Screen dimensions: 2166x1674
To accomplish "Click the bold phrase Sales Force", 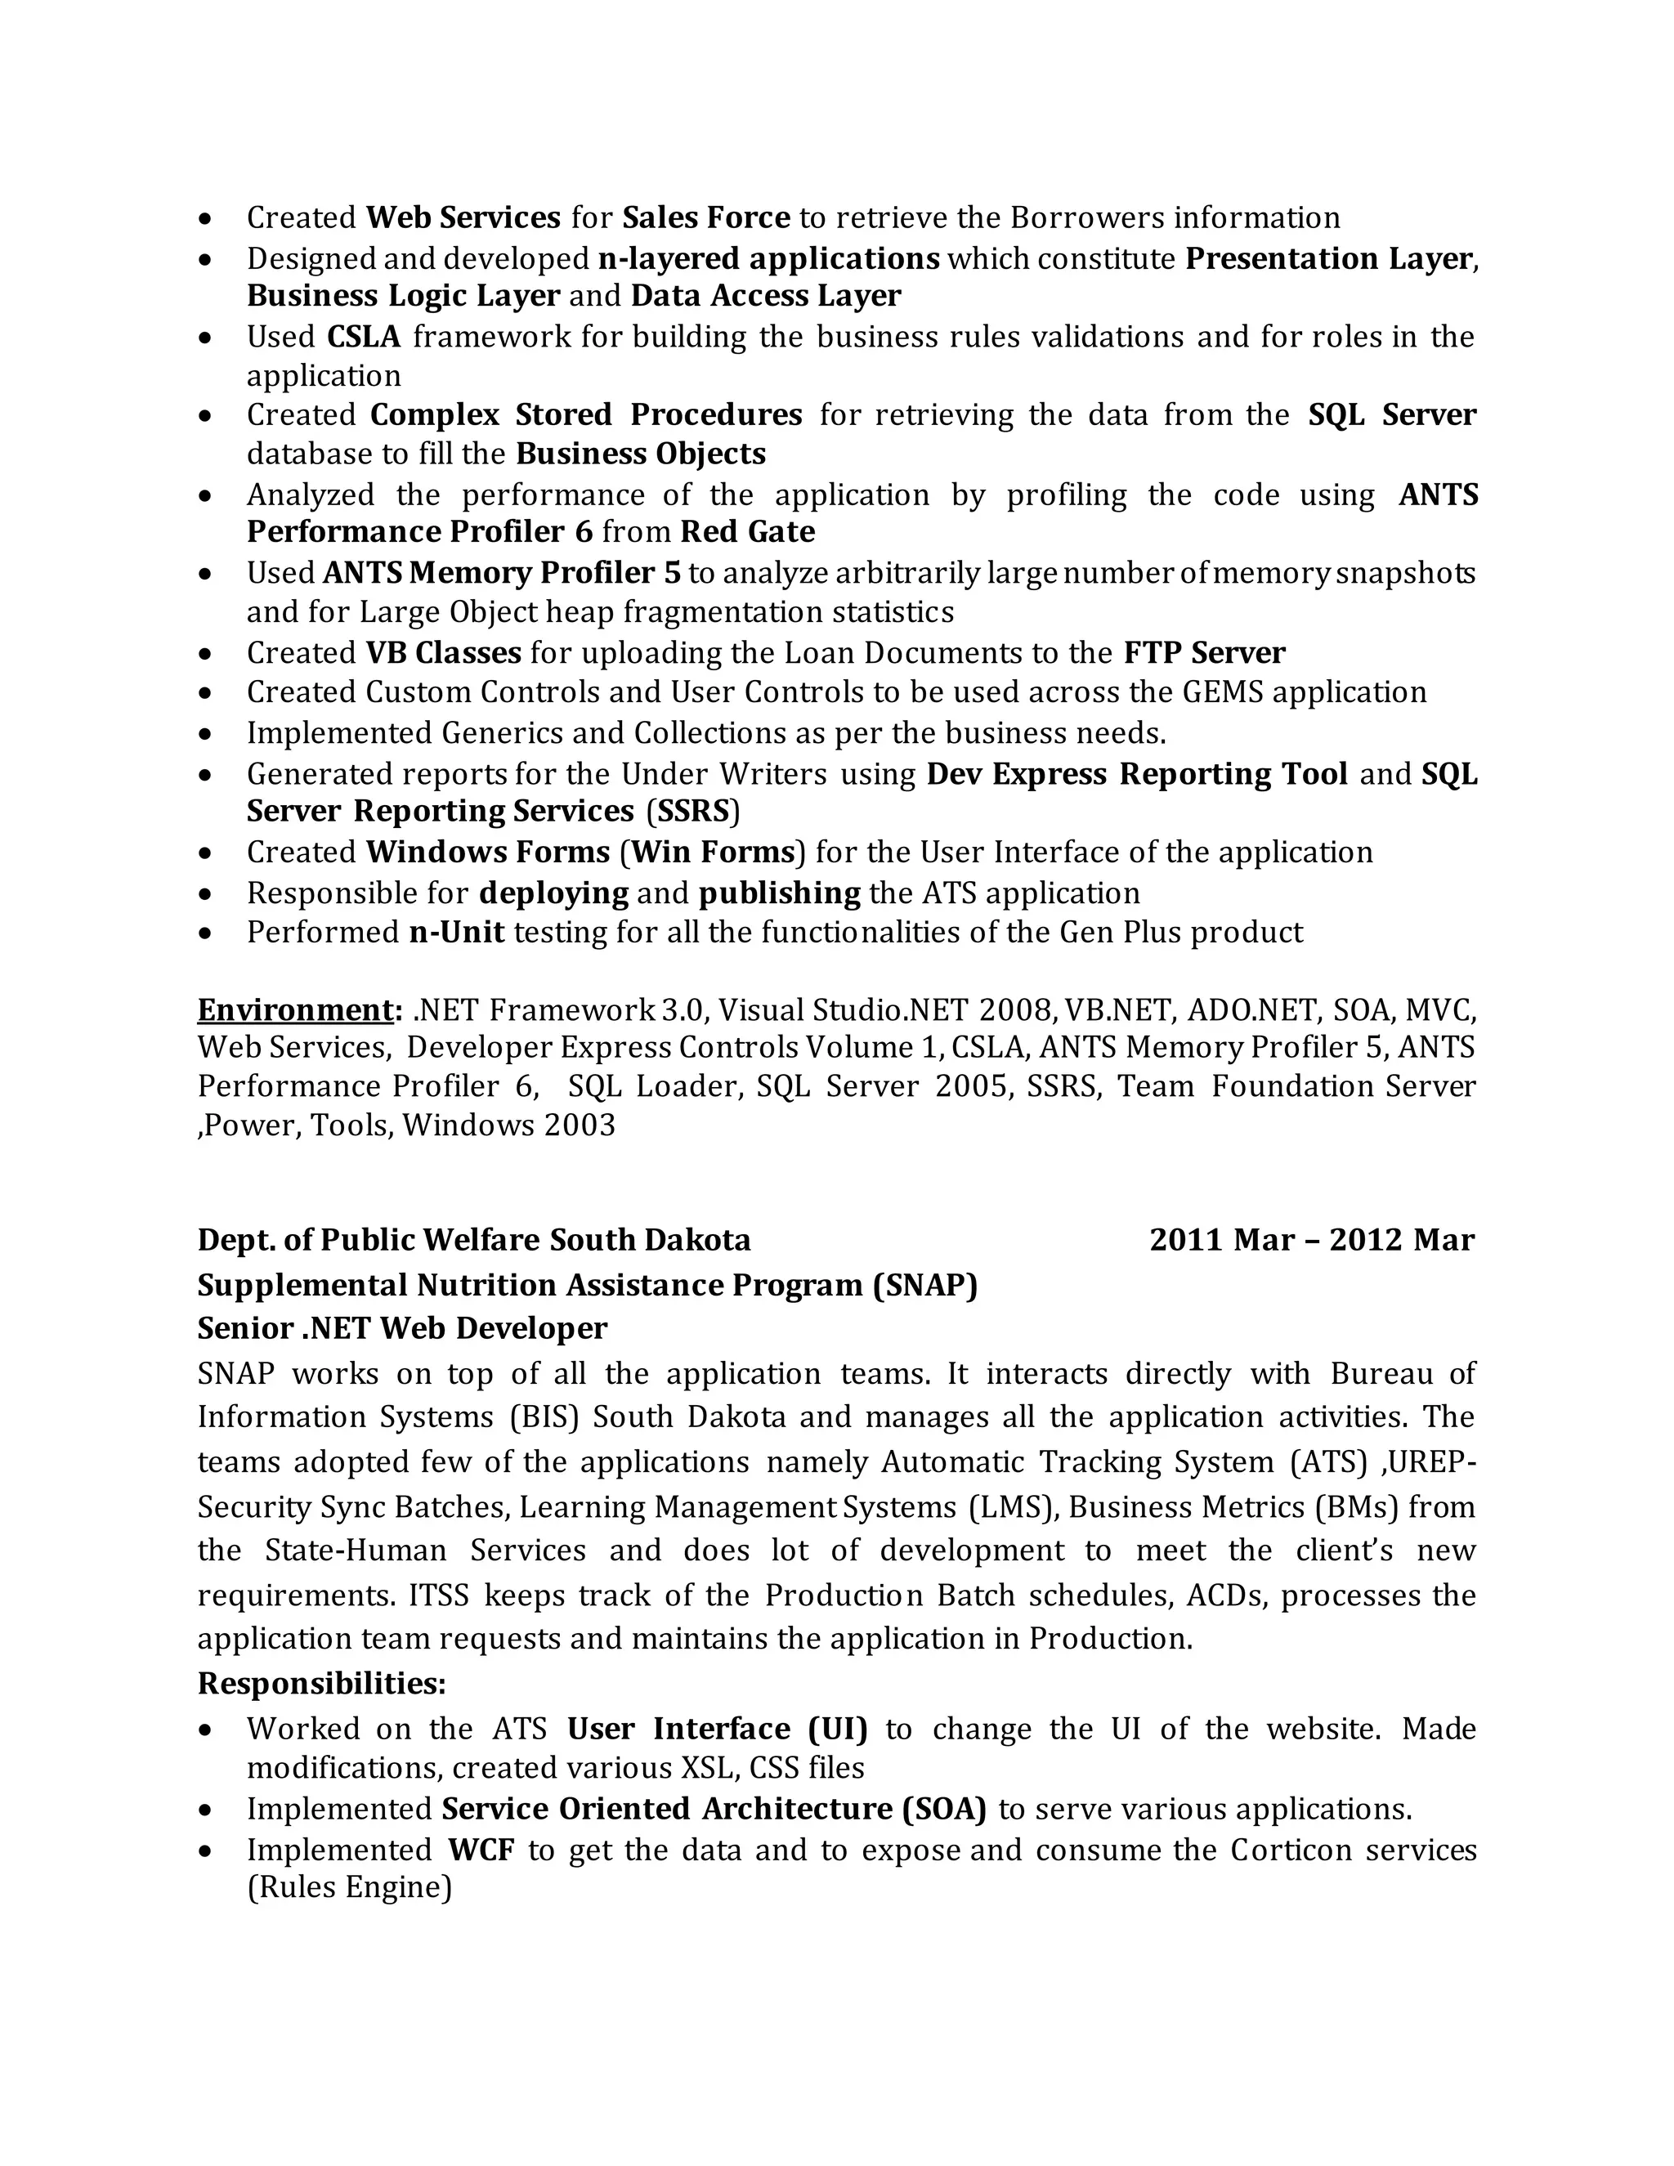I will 706,217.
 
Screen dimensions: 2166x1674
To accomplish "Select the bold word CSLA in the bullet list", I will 363,338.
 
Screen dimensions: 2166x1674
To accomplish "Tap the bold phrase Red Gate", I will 748,533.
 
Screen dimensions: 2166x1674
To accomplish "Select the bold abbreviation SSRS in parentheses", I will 692,812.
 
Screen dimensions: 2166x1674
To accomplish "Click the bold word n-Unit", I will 456,933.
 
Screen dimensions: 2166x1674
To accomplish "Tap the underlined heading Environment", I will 296,1009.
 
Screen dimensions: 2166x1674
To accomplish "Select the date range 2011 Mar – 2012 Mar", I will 1312,1241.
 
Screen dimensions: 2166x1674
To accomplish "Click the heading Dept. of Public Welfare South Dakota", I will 474,1241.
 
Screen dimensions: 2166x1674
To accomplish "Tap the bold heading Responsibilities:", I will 322,1683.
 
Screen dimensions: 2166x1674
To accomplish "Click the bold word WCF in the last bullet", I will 481,1850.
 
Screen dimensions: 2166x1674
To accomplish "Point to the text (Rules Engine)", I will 349,1887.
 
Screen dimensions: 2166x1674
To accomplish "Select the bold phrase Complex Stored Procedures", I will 586,414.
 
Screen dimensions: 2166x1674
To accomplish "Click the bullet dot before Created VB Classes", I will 205,655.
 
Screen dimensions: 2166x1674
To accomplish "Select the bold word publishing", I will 780,893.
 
